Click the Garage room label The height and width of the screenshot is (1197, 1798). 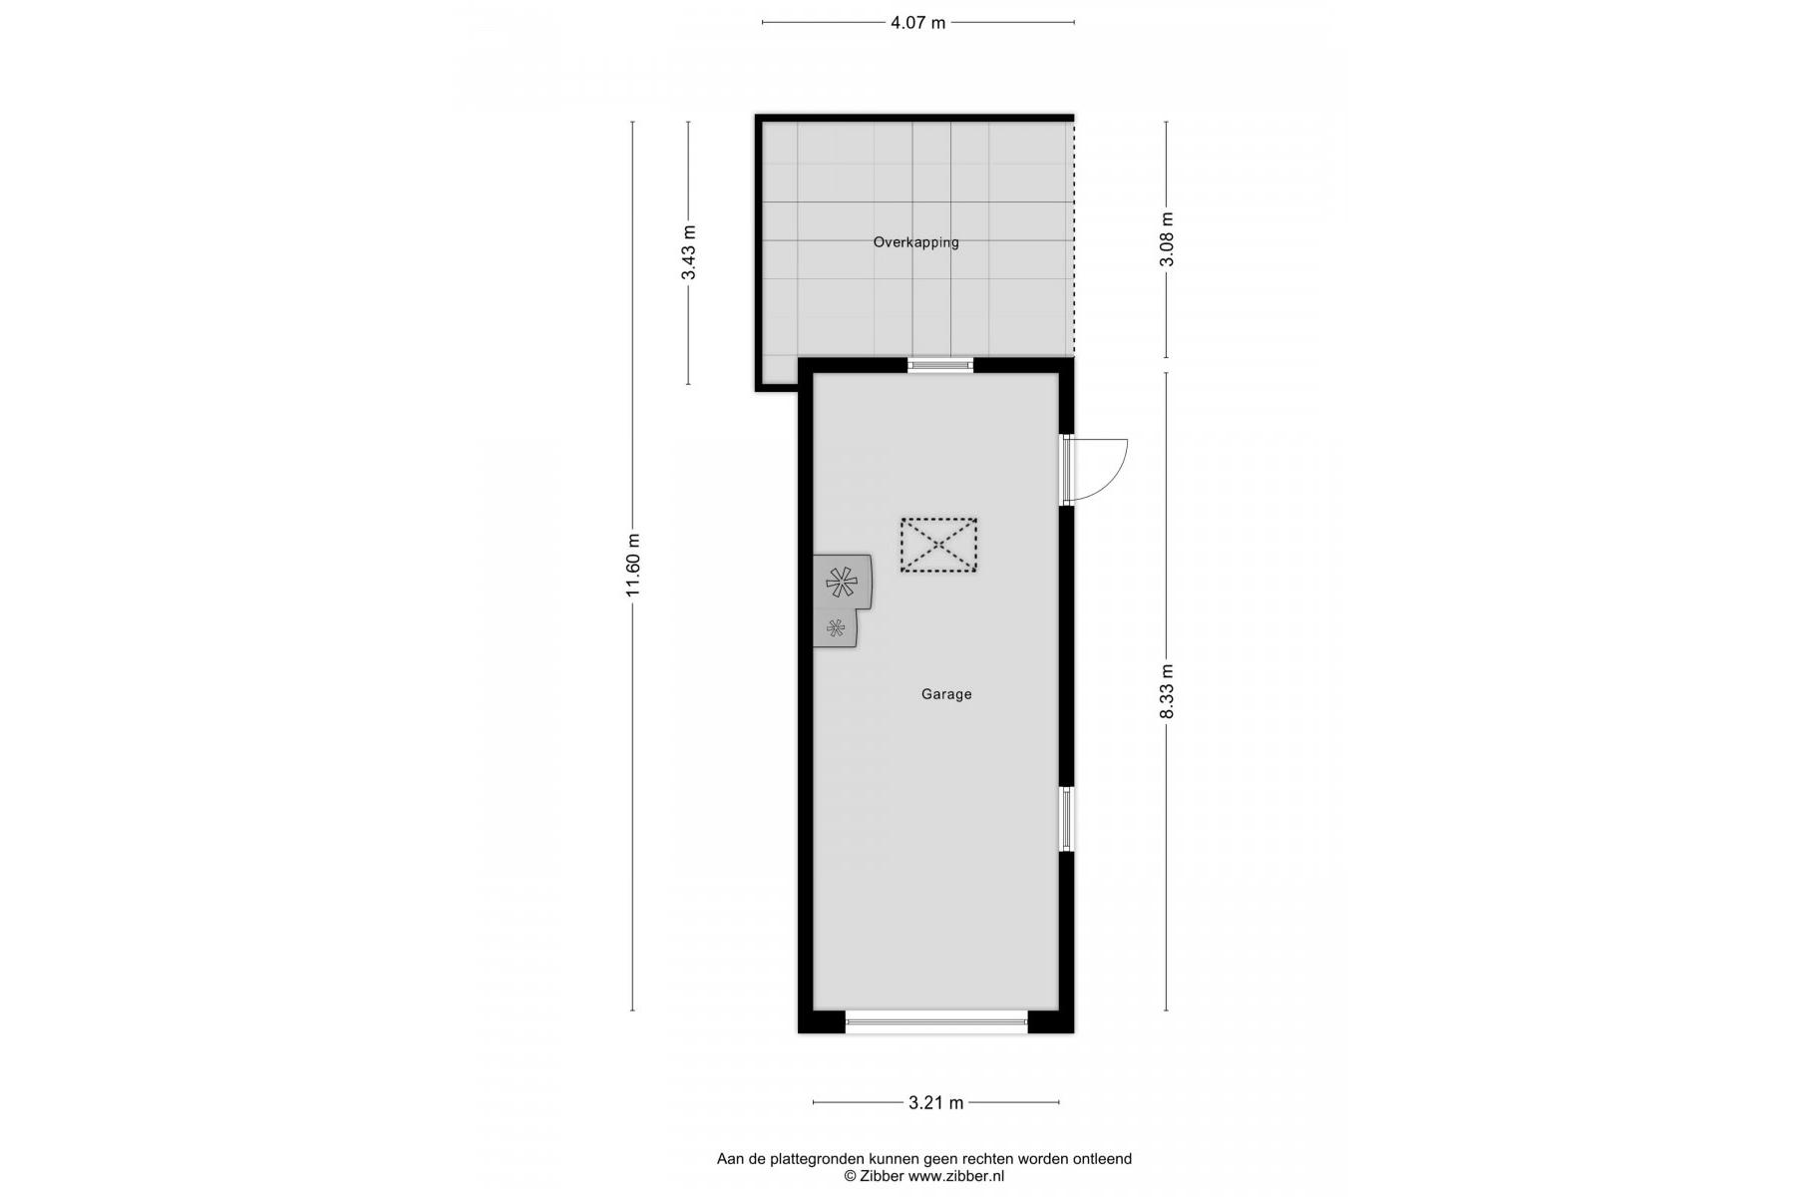(945, 694)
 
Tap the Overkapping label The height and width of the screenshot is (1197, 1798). (915, 242)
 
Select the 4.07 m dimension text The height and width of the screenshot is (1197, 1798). (917, 23)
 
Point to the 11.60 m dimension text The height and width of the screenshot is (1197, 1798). (632, 565)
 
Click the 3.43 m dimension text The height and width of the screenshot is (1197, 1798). (688, 253)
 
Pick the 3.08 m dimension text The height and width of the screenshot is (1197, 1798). (1167, 239)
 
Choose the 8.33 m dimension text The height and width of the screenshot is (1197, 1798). (1167, 691)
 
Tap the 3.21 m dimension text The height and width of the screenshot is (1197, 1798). (935, 1102)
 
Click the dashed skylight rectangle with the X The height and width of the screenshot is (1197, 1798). (938, 546)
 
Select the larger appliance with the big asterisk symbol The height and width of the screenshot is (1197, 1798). (843, 582)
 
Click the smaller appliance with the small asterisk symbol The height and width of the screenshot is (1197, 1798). (836, 628)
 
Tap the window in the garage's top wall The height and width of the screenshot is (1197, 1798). (940, 365)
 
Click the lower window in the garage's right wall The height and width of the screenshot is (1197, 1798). (1066, 819)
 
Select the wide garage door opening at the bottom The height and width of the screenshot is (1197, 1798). (936, 1020)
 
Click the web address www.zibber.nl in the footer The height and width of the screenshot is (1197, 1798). (956, 1176)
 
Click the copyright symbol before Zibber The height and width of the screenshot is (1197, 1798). (851, 1176)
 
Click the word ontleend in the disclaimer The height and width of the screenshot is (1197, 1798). (1102, 1159)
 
